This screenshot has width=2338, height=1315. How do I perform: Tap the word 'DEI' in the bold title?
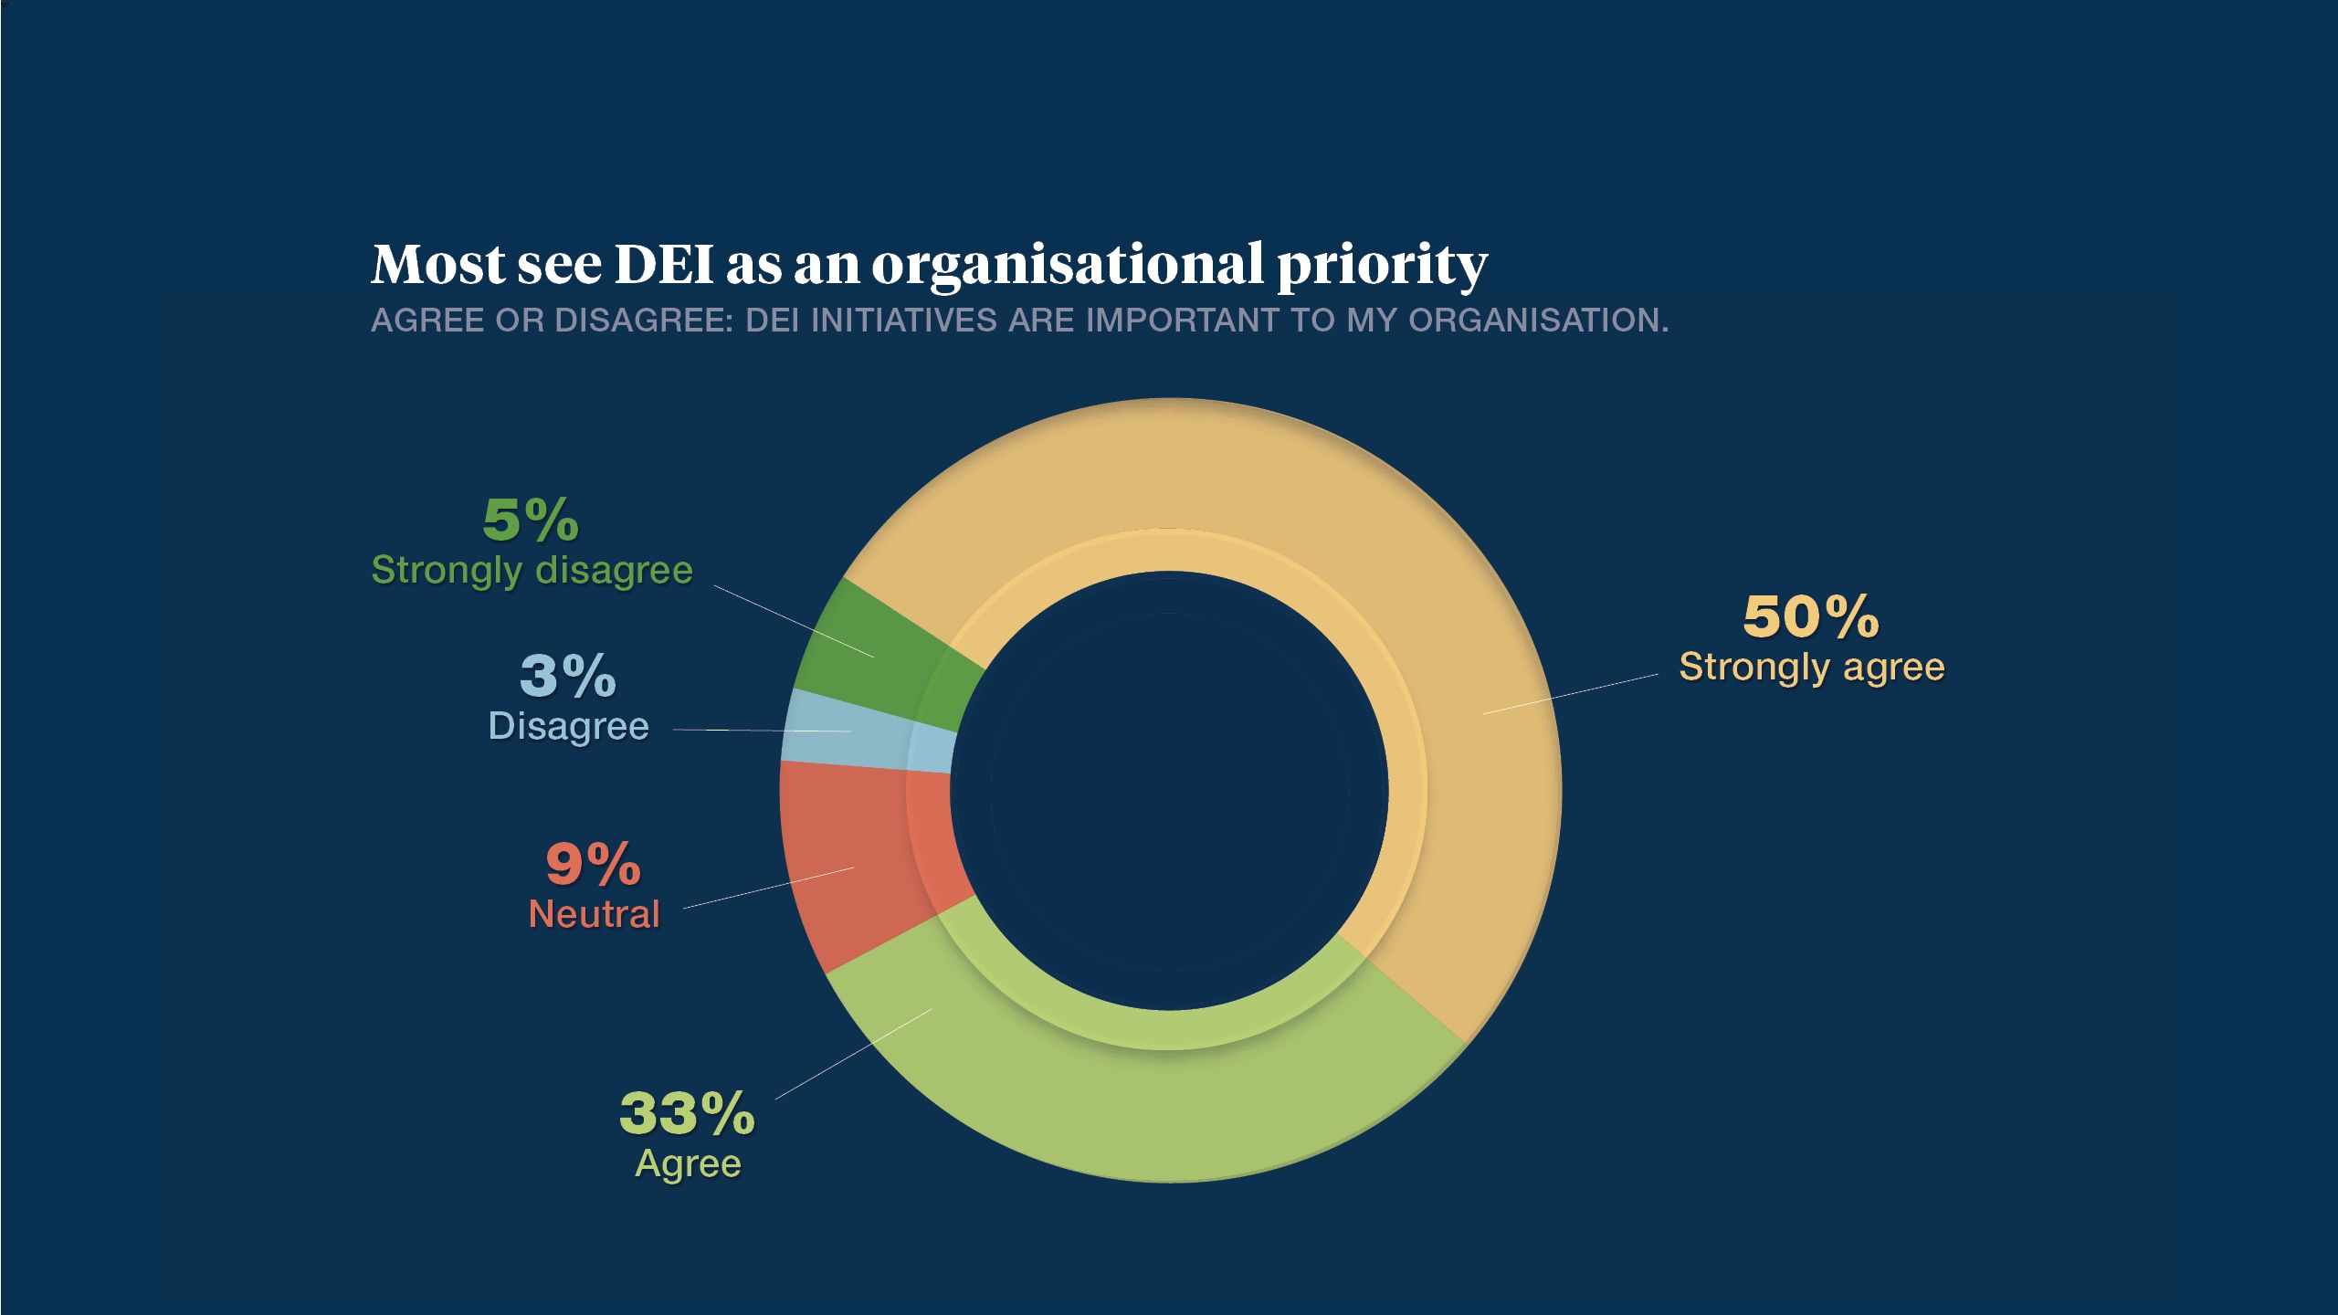coord(664,265)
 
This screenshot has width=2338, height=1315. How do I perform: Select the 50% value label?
coord(1810,617)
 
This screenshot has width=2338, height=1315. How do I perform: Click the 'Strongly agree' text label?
coord(1812,667)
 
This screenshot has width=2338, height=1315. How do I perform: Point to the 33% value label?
coord(687,1114)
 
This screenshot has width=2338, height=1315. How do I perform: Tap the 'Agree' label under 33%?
coord(688,1163)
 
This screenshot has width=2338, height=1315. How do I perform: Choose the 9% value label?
coord(594,864)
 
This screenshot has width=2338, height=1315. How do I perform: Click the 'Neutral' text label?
coord(594,914)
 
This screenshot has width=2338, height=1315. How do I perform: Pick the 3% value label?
coord(568,677)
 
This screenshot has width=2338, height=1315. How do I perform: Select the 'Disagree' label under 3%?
coord(568,727)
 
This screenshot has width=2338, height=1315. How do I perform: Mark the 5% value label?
coord(531,521)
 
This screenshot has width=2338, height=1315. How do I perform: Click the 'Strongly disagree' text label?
coord(532,570)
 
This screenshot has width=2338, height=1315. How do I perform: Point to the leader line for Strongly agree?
coord(1571,694)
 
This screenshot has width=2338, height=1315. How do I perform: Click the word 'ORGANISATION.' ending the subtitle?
coord(1538,321)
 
